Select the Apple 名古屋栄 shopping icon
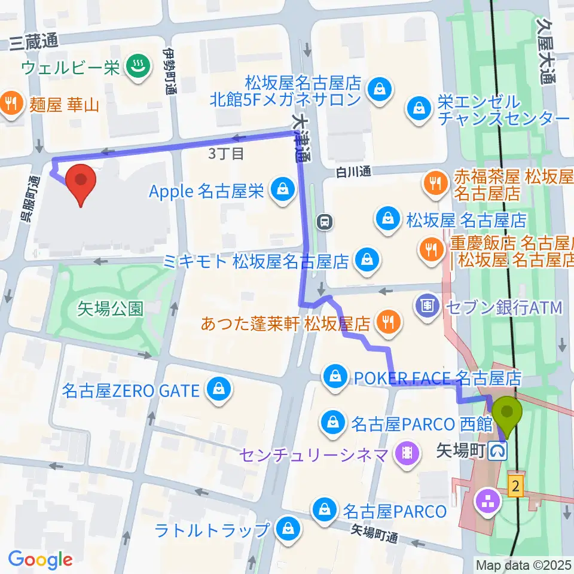coord(280,191)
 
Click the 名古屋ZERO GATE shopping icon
coord(216,390)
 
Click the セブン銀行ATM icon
coord(427,307)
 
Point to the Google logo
coord(40,560)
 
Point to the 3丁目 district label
coord(226,154)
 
